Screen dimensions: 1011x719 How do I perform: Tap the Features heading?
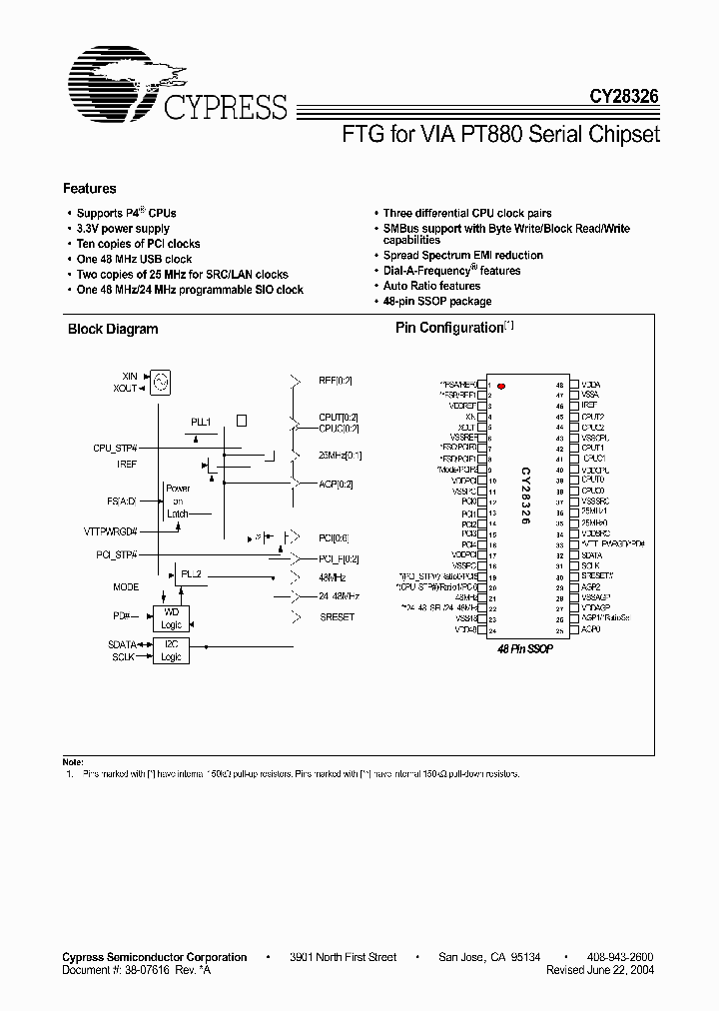pos(90,188)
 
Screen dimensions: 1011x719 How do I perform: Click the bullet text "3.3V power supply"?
pos(123,229)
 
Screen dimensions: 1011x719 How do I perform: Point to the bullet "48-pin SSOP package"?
pos(437,301)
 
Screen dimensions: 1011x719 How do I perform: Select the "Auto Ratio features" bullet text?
pos(431,286)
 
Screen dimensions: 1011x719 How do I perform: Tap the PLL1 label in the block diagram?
pos(201,423)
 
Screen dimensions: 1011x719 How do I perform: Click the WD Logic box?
pos(171,617)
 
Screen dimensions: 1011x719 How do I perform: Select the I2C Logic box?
pos(171,650)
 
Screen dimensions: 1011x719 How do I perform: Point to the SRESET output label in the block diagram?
pos(338,616)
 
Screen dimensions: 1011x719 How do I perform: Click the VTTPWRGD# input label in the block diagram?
pos(112,532)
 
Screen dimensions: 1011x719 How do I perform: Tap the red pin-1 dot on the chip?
pos(502,385)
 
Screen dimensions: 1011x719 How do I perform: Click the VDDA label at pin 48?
pos(591,384)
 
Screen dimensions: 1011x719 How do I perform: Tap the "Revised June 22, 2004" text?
pos(600,970)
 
